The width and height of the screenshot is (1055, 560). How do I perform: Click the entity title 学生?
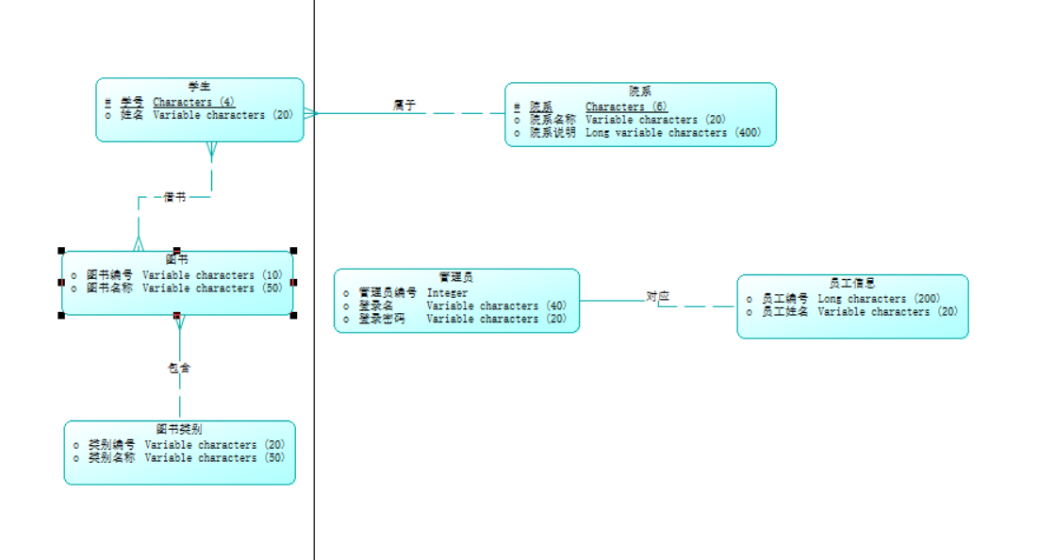click(199, 87)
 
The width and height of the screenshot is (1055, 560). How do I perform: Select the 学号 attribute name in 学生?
click(132, 102)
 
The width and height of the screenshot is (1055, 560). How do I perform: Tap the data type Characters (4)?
click(194, 102)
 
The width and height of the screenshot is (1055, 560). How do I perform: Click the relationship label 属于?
click(404, 105)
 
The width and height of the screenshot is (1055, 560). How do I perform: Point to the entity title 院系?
click(640, 91)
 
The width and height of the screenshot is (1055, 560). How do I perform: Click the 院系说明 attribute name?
click(552, 133)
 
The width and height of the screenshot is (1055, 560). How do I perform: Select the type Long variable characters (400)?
click(673, 133)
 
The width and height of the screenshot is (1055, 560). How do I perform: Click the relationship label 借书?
click(174, 197)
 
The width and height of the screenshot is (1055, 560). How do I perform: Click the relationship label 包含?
click(179, 368)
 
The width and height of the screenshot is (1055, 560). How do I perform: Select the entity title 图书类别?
click(179, 429)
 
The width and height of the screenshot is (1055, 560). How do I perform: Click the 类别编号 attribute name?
click(112, 445)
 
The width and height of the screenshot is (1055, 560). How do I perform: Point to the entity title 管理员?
click(456, 277)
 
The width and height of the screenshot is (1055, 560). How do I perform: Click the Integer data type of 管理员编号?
click(447, 293)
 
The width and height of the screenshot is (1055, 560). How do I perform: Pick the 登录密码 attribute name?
click(382, 320)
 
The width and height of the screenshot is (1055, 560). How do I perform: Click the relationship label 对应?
click(658, 296)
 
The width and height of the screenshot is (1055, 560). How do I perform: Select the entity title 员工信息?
click(852, 283)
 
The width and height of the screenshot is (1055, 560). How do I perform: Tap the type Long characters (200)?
click(879, 299)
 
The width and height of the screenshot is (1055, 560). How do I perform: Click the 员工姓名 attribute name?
click(785, 312)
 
